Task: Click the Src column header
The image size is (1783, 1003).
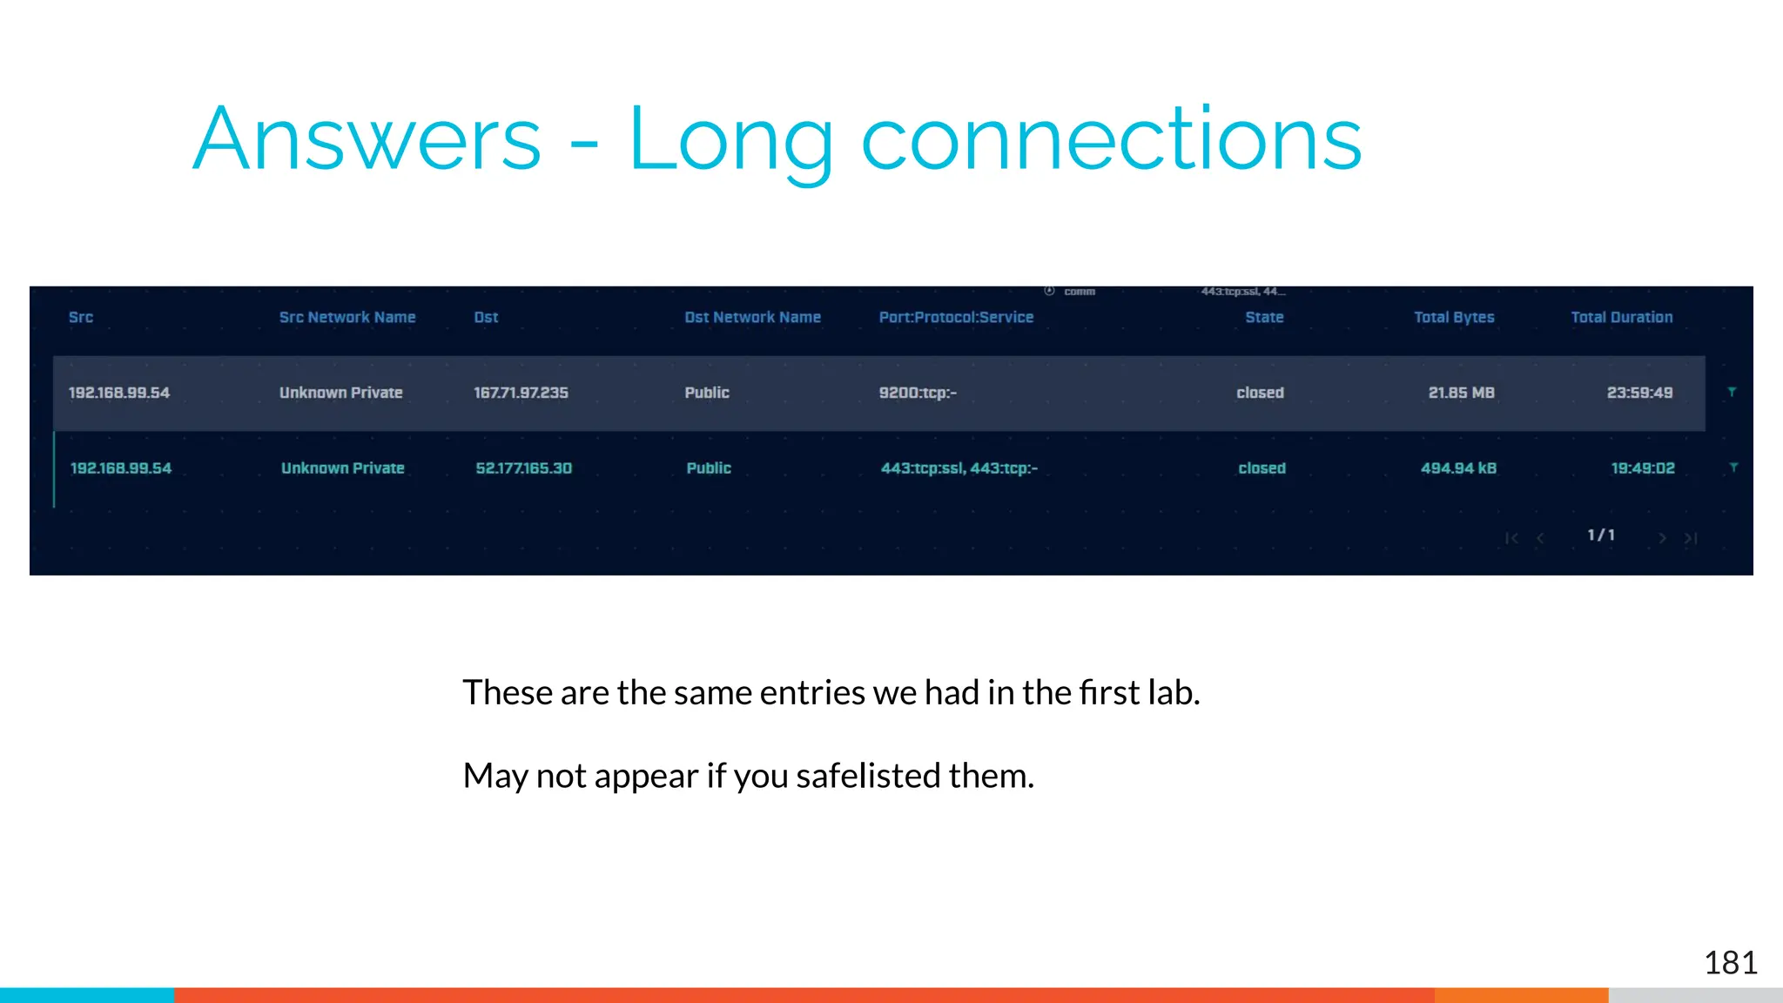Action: point(81,318)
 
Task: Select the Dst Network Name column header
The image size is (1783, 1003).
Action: point(752,318)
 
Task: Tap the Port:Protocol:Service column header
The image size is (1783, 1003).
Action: point(956,318)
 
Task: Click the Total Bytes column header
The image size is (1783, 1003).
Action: point(1454,318)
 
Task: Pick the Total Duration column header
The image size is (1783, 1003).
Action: point(1621,318)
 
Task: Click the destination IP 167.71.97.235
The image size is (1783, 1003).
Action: point(521,393)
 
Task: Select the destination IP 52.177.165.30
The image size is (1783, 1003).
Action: point(523,468)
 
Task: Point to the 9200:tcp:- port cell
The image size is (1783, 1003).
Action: point(918,393)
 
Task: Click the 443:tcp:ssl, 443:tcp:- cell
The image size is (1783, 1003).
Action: point(959,468)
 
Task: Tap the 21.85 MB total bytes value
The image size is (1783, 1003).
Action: point(1461,393)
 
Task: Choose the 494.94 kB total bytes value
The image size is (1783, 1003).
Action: point(1458,468)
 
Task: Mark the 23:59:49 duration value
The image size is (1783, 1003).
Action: point(1639,393)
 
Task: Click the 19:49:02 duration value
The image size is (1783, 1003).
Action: point(1642,468)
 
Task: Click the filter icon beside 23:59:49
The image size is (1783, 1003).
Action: point(1732,393)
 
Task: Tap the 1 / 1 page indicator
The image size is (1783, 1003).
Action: point(1600,535)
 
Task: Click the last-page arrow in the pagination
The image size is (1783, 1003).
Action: point(1691,538)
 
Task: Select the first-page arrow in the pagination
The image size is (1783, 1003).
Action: point(1511,538)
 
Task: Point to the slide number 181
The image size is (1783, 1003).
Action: point(1730,963)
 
